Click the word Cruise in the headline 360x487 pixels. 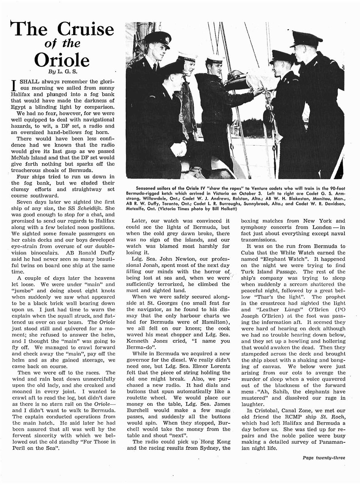86,30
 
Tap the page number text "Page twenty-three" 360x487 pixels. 324,457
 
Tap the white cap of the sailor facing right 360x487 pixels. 214,60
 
